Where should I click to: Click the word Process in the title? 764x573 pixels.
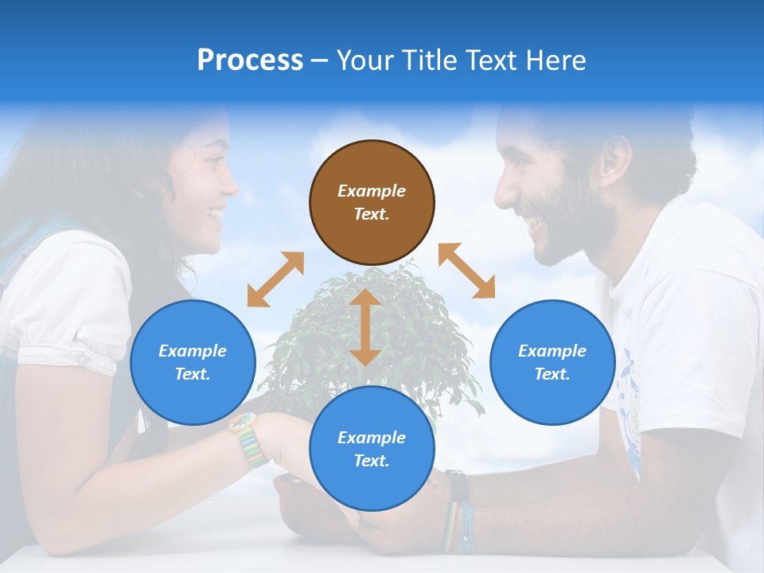250,60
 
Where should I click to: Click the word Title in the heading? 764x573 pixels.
428,60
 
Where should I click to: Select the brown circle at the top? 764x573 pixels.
372,202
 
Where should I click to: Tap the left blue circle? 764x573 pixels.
193,362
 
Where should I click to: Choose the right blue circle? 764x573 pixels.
552,362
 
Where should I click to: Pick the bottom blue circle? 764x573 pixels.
372,449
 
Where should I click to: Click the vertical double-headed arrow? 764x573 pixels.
365,327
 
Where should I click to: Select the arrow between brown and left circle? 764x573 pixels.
275,279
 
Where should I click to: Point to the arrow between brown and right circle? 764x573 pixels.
466,271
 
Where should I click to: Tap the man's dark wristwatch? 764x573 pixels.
456,485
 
